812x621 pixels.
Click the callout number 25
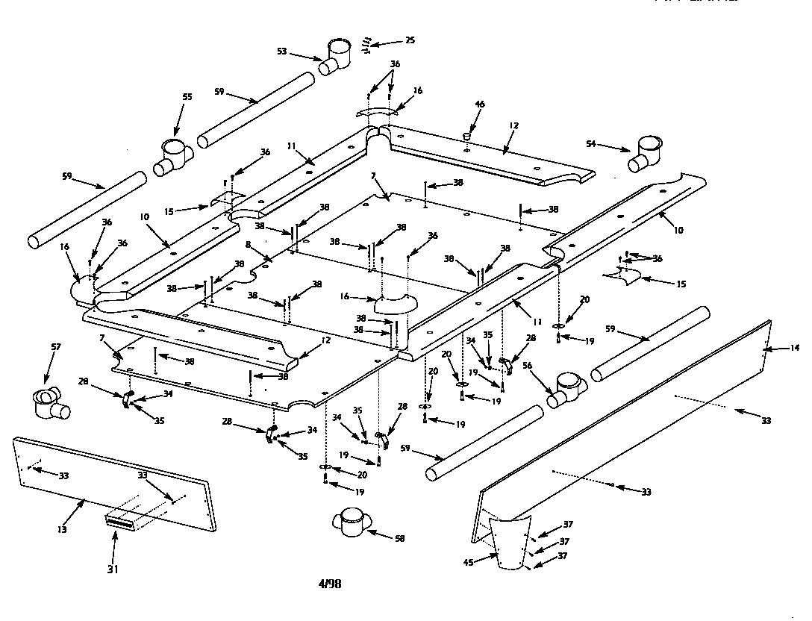[410, 40]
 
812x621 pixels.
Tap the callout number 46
[480, 105]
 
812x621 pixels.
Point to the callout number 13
[62, 529]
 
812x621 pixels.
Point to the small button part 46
[466, 137]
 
